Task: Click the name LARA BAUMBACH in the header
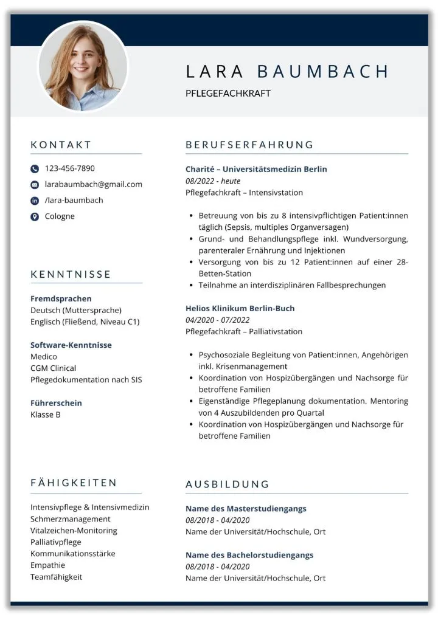(x=287, y=72)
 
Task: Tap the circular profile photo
(x=83, y=66)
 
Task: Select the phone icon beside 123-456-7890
(x=35, y=169)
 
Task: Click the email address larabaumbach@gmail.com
(x=93, y=184)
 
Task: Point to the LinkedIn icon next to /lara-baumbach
(x=35, y=201)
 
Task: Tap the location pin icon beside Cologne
(x=35, y=216)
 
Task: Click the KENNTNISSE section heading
(x=71, y=274)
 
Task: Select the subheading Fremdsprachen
(x=61, y=298)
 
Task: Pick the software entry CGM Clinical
(x=54, y=368)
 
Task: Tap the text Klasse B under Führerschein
(x=46, y=415)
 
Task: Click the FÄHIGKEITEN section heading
(x=74, y=483)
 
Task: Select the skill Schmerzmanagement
(x=71, y=519)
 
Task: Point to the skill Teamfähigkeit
(x=56, y=577)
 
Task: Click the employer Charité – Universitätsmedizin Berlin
(x=256, y=169)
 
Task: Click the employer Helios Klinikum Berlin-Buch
(x=240, y=308)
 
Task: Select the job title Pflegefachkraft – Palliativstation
(x=243, y=331)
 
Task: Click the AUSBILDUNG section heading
(x=227, y=484)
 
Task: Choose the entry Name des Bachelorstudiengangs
(x=249, y=555)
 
